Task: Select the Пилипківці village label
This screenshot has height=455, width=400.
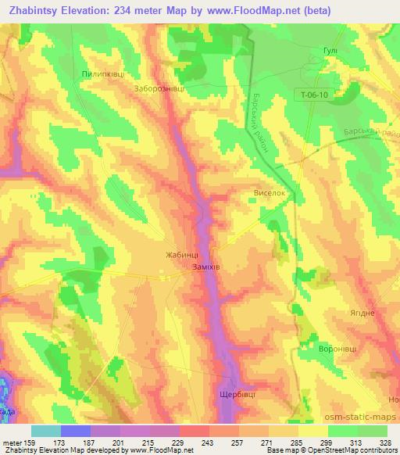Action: [x=101, y=73]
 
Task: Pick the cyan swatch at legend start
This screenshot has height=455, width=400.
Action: [x=46, y=431]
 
